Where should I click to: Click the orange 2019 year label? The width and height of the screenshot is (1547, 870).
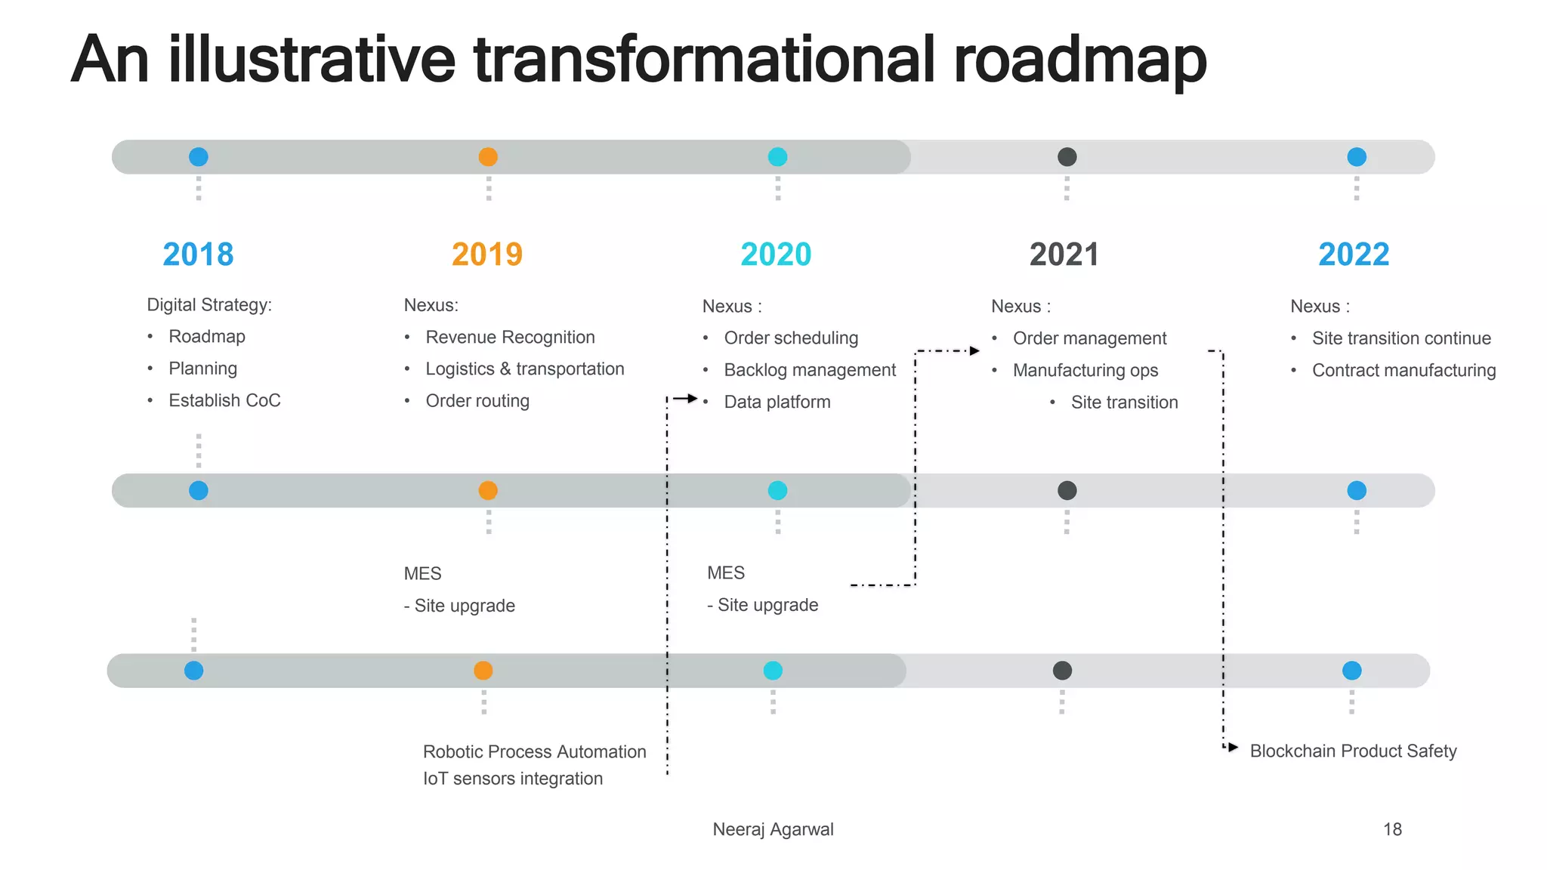click(x=487, y=255)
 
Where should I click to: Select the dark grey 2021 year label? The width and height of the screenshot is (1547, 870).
click(x=1064, y=255)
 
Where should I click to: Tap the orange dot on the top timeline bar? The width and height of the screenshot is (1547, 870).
click(x=488, y=157)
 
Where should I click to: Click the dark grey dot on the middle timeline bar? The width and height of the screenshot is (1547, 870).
click(x=1067, y=491)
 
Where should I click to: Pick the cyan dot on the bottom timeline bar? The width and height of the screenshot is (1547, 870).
click(x=773, y=671)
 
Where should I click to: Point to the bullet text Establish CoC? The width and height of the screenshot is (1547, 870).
click(x=224, y=400)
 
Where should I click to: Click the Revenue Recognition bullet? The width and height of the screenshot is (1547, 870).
click(x=510, y=337)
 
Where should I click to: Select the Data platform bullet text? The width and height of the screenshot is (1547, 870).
click(x=777, y=402)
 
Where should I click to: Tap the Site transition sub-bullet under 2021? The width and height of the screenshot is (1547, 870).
click(x=1124, y=403)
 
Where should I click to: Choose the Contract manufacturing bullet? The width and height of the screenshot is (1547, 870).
click(x=1403, y=370)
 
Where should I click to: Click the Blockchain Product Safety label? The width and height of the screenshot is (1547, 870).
click(x=1353, y=751)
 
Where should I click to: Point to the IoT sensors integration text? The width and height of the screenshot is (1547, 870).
click(x=513, y=779)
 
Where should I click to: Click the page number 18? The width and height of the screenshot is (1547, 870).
click(x=1392, y=829)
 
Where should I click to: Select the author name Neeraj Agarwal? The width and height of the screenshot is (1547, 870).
click(x=773, y=829)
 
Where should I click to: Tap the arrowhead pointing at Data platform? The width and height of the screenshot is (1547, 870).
click(x=692, y=398)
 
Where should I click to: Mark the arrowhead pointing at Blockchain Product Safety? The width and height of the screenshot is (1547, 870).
click(x=1233, y=748)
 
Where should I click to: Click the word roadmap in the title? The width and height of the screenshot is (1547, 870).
click(x=1080, y=60)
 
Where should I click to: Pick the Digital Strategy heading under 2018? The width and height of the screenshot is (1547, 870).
click(x=209, y=304)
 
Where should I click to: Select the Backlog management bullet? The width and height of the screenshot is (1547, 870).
click(x=810, y=370)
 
